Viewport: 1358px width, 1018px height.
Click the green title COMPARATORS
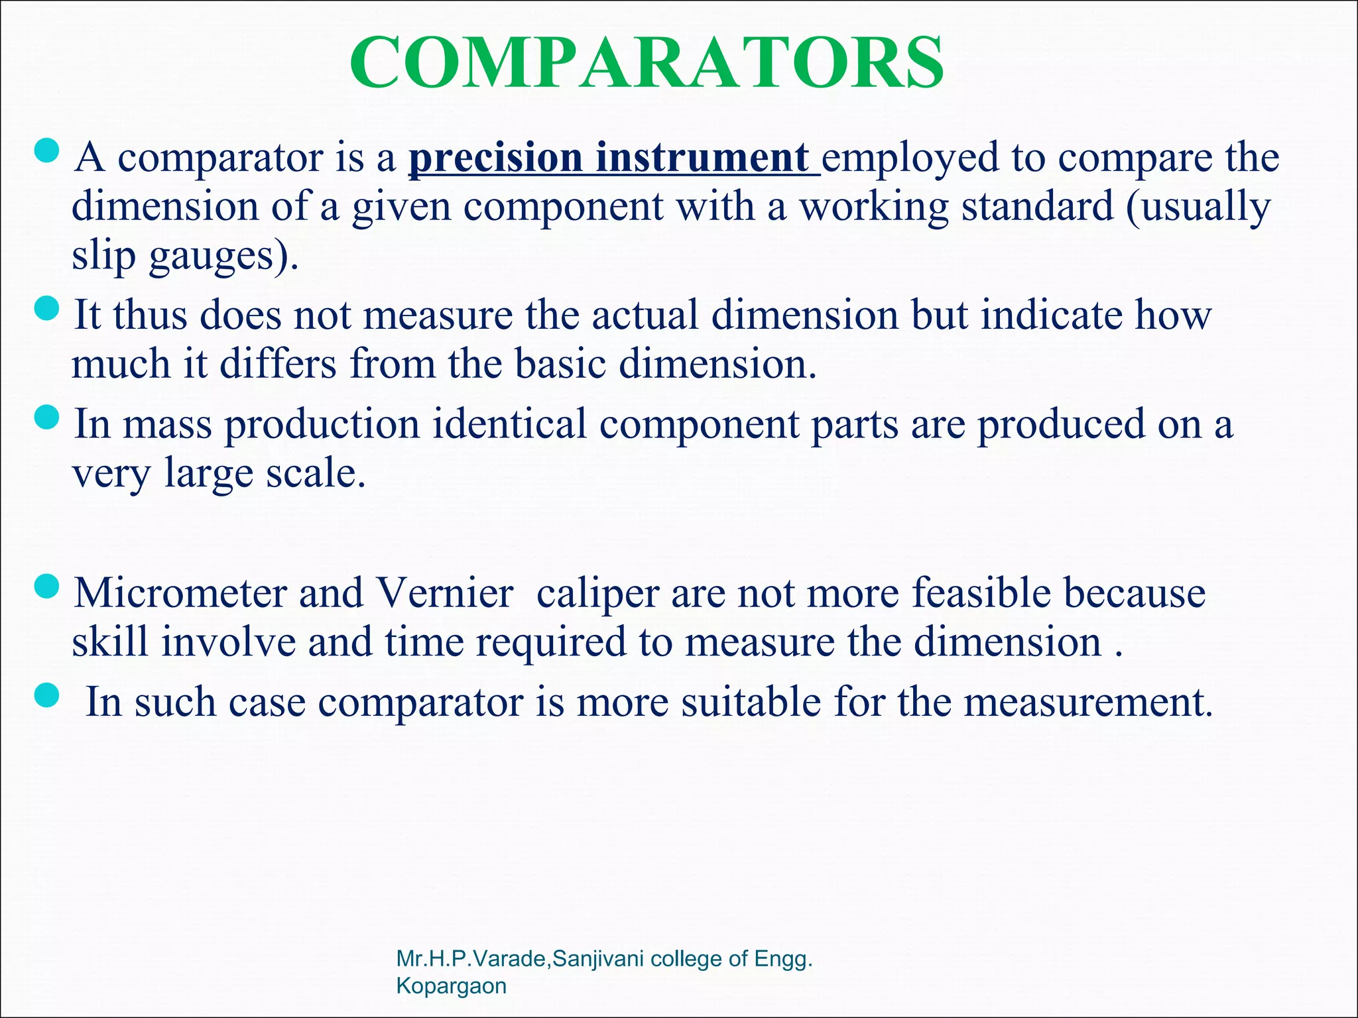[x=647, y=63]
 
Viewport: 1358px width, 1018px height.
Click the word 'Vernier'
[x=444, y=593]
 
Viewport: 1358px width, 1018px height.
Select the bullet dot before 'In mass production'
[x=46, y=418]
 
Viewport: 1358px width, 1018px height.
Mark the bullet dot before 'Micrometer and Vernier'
[x=46, y=587]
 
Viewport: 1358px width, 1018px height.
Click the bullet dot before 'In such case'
[x=46, y=696]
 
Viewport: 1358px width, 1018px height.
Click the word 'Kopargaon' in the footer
[x=451, y=986]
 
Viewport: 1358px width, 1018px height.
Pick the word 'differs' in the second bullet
[x=278, y=365]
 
